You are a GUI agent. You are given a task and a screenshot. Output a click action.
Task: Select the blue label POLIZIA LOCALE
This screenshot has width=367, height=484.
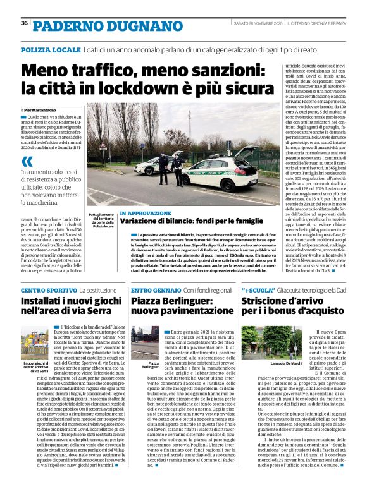coord(50,49)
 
